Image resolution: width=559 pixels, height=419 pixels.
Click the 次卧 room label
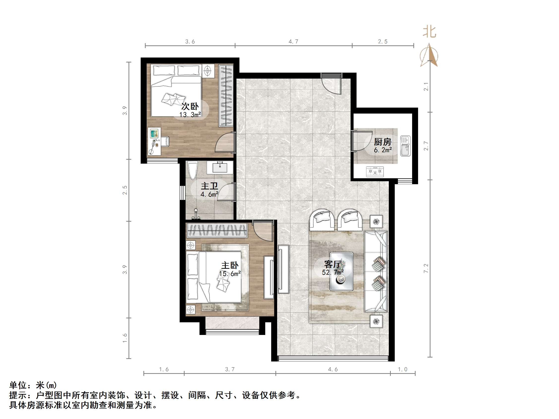tap(190, 106)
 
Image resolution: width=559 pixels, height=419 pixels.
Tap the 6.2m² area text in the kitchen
tap(383, 150)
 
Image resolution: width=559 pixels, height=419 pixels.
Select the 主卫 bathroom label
tap(209, 186)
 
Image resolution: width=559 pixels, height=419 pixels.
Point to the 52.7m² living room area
tap(332, 272)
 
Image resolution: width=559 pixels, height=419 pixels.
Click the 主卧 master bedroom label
tap(230, 266)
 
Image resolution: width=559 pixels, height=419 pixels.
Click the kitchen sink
tap(405, 146)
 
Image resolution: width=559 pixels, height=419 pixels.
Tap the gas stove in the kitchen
tap(375, 172)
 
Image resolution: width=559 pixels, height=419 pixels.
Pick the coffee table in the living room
tap(341, 271)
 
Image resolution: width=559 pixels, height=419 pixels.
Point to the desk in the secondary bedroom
tap(154, 141)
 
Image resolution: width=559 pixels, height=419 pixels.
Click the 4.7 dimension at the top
tap(293, 41)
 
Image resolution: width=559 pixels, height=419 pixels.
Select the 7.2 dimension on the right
tap(426, 268)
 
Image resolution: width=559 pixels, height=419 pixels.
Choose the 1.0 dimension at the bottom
tap(402, 369)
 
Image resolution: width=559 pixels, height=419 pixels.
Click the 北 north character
tap(429, 32)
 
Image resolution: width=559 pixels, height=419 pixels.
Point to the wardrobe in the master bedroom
tap(217, 230)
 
